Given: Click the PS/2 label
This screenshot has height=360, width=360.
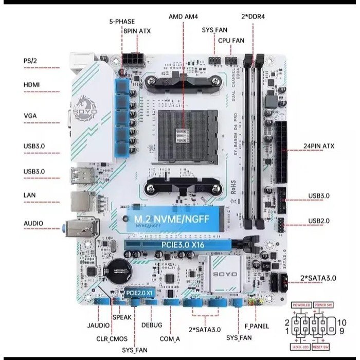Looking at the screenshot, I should (30, 61).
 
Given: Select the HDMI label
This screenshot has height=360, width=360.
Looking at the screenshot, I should (32, 84).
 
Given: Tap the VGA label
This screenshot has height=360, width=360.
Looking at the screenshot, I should (30, 115).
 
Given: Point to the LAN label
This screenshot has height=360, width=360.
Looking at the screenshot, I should (29, 195).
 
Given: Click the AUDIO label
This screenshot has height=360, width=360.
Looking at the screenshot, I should (33, 224).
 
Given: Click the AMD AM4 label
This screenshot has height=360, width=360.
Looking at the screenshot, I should (183, 16).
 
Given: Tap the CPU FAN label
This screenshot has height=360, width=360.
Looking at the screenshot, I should (231, 40).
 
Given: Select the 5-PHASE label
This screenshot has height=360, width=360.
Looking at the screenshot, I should (122, 22).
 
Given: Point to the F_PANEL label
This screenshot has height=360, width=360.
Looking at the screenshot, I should (257, 326).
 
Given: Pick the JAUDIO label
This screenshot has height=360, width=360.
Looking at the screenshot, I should (98, 326).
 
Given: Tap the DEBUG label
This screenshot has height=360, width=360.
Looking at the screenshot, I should (151, 325).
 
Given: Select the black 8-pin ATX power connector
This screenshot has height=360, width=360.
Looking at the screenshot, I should (133, 61).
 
